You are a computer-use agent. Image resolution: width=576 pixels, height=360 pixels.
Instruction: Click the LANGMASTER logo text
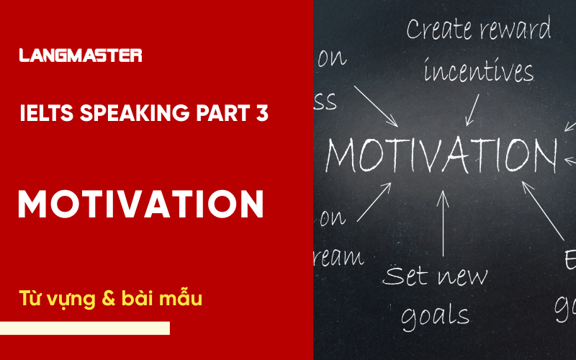tap(81, 55)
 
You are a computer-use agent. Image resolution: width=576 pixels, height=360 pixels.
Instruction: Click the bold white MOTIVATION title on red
tap(141, 205)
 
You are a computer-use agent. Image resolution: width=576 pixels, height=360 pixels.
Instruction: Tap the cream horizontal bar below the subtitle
tap(85, 328)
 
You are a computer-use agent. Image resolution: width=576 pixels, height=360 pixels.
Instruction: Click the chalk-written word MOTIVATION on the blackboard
tap(441, 153)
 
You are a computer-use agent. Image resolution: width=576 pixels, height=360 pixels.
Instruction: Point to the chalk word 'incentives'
tap(479, 71)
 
